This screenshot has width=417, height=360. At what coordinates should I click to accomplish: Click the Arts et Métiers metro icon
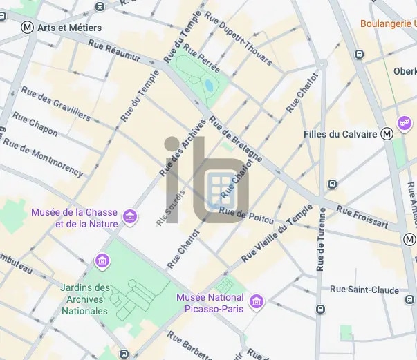click(x=27, y=28)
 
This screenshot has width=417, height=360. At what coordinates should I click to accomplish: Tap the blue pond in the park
click(x=209, y=86)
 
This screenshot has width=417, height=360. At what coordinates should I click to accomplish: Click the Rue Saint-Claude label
click(x=364, y=290)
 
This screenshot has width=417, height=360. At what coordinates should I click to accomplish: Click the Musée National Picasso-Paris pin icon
click(x=257, y=302)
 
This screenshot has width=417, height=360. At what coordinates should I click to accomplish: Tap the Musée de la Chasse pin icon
click(x=129, y=218)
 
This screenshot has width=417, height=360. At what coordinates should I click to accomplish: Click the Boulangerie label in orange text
click(x=388, y=23)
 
